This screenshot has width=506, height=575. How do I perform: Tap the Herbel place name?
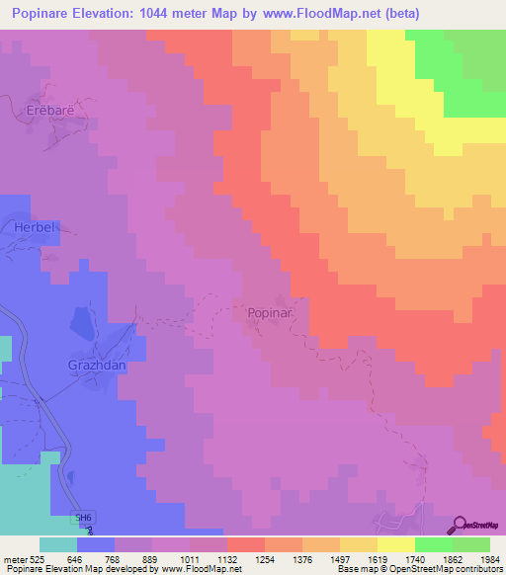[x=37, y=227]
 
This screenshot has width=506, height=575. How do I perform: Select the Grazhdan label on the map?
[x=96, y=364]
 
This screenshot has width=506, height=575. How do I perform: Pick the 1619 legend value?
[x=378, y=559]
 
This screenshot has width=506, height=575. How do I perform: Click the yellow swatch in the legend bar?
[x=396, y=544]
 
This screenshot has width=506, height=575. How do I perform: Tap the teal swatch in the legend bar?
[x=58, y=544]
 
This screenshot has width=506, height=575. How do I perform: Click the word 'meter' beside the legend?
[x=17, y=559]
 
